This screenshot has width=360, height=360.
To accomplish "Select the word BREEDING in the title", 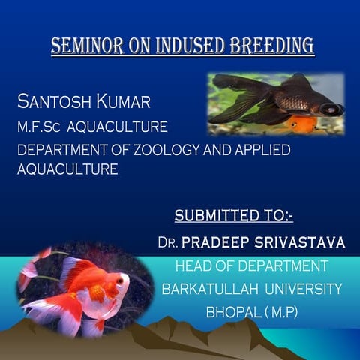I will pyautogui.click(x=272, y=46).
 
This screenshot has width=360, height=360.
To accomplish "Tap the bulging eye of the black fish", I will pyautogui.click(x=330, y=109).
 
